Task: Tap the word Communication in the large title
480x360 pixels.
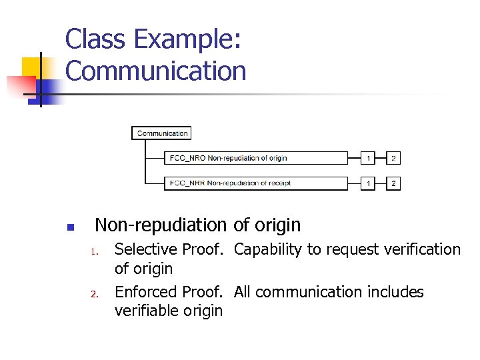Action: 156,71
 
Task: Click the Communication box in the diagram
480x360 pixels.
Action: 162,133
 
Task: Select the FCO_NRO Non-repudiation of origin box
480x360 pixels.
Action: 256,158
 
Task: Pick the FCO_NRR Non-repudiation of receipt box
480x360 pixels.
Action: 256,183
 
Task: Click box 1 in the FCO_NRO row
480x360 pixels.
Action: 368,158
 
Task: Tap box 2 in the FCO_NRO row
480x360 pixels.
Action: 393,158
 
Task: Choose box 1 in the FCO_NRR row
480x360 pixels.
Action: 368,183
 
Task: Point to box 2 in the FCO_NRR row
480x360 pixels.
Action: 393,183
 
